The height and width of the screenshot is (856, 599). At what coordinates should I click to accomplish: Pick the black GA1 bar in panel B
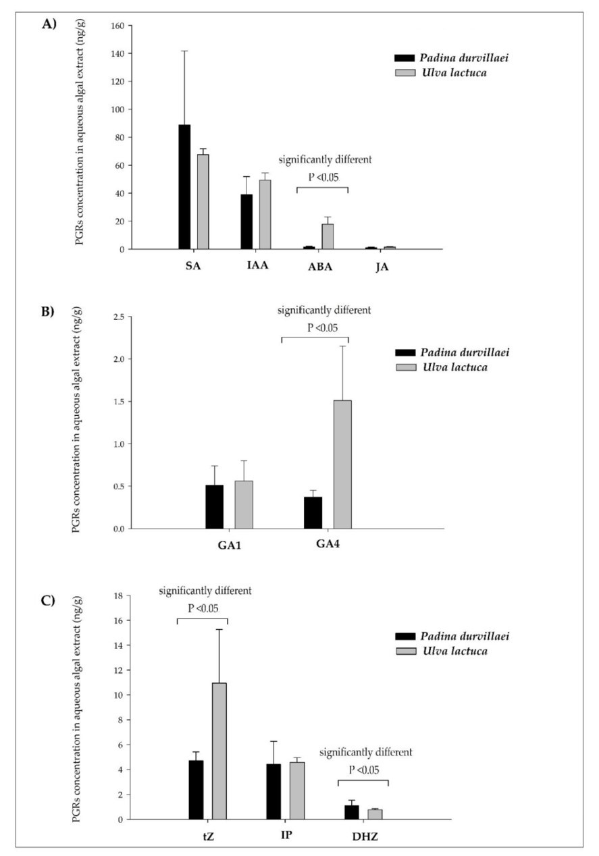214,506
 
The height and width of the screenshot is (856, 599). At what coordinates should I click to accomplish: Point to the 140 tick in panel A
122,53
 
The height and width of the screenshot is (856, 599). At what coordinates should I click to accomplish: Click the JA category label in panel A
382,266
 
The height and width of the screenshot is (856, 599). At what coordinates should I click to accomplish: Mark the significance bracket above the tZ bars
202,618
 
